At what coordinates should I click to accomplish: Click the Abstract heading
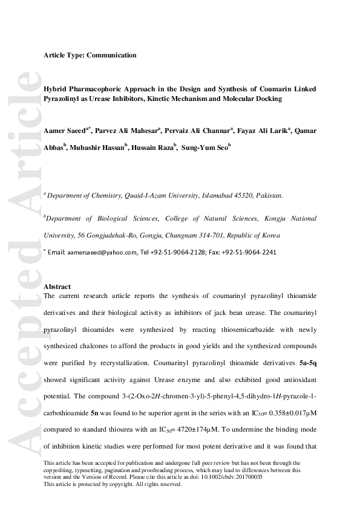pos(57,287)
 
